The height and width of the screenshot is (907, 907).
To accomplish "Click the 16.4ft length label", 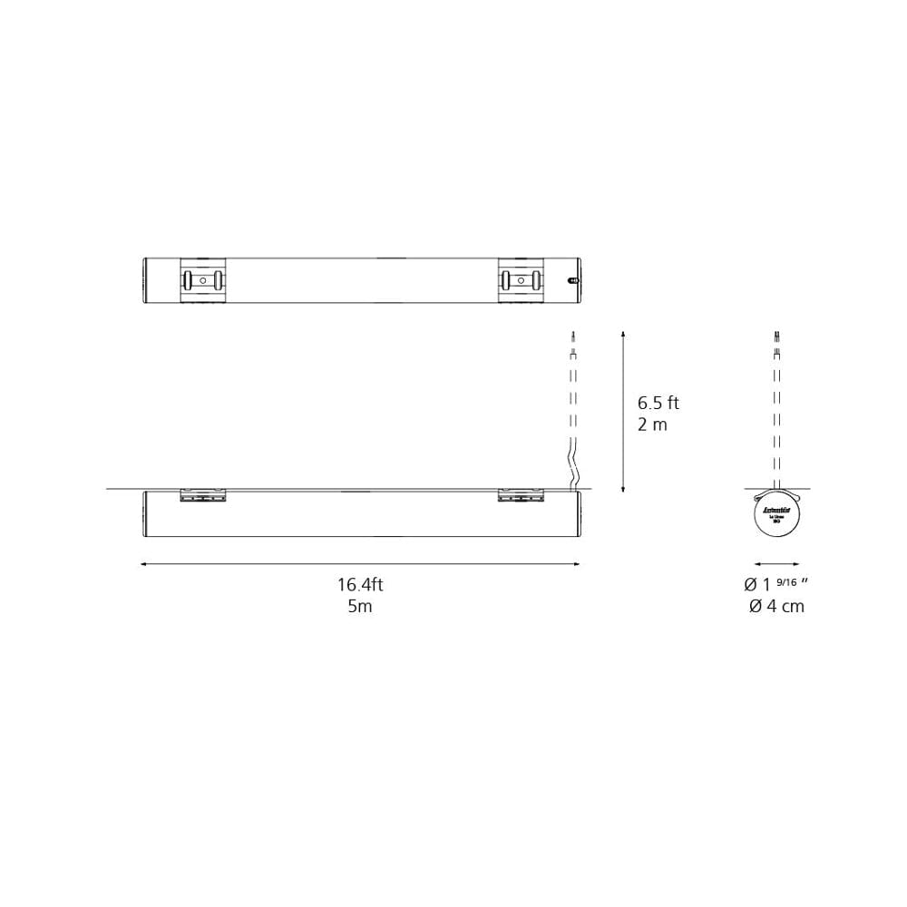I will click(x=360, y=585).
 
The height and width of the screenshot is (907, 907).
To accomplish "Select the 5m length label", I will click(x=360, y=607).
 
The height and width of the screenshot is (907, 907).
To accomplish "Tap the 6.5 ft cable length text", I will click(x=658, y=403).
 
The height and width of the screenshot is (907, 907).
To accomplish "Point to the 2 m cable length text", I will click(x=652, y=424).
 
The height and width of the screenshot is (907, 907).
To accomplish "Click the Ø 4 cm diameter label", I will click(x=776, y=607).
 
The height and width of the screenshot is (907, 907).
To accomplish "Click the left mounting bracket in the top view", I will click(x=203, y=279).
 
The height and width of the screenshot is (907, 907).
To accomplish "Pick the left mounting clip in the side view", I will click(x=203, y=495).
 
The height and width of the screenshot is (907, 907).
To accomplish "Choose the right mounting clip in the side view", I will click(x=521, y=495).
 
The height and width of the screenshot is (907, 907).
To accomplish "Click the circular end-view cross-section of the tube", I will click(x=776, y=517).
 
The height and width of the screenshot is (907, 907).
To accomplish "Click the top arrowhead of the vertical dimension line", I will click(x=623, y=335).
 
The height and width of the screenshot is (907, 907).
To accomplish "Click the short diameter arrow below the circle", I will click(x=776, y=564).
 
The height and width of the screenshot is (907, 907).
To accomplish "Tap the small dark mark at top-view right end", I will click(x=572, y=280).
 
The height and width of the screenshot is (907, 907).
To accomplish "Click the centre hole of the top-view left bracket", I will click(x=203, y=280).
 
